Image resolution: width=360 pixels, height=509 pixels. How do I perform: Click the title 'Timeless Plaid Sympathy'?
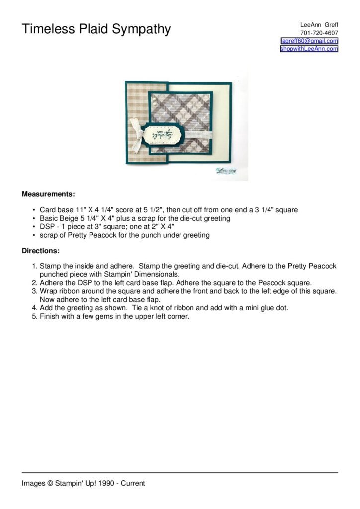(x=96, y=29)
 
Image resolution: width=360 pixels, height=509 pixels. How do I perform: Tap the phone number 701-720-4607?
(x=319, y=33)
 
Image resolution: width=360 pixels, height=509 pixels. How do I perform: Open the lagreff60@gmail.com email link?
(x=309, y=41)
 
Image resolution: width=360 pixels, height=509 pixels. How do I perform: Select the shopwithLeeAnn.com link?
(x=309, y=49)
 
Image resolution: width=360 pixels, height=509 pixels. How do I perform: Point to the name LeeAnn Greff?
(x=319, y=25)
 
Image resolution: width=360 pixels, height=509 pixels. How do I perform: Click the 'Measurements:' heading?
(x=48, y=194)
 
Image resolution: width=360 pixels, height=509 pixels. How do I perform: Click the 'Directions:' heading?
(x=41, y=251)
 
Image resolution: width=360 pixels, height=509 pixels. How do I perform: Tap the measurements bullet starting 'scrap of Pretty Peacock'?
(x=124, y=235)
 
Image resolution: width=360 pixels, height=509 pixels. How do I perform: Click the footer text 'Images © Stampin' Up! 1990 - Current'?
(x=83, y=483)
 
